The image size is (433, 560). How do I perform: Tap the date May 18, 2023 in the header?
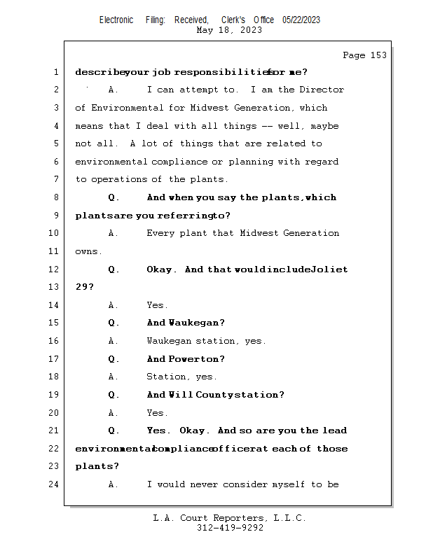(230, 30)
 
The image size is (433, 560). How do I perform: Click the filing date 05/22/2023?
(301, 20)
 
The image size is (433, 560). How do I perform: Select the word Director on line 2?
(322, 90)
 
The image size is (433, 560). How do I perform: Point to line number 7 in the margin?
(55, 179)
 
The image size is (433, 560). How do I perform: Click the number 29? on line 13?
(84, 287)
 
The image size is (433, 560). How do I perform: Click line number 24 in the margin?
(54, 484)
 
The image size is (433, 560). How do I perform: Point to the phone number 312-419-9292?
(230, 528)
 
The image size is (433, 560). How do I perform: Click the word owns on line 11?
(88, 251)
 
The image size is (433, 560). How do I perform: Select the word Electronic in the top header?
(116, 20)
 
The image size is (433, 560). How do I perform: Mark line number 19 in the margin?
(54, 395)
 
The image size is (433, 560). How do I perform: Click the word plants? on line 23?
(97, 466)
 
